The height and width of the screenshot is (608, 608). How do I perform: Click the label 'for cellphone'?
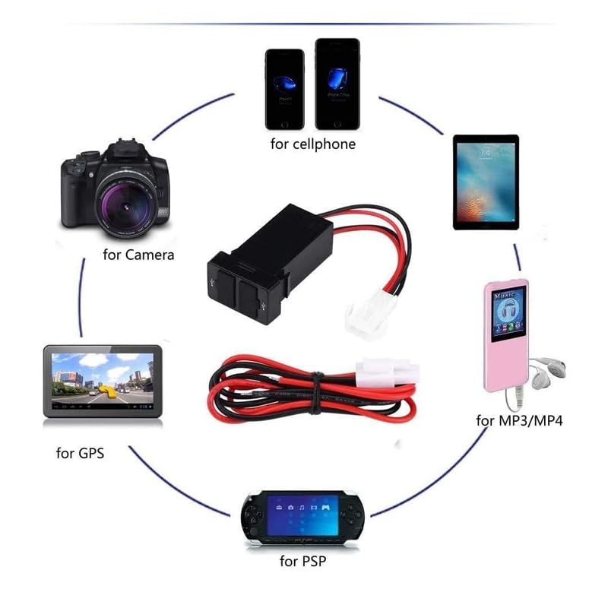[x=312, y=144]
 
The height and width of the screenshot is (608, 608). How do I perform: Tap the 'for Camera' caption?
[x=138, y=255]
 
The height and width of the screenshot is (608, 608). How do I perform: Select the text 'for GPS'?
[x=80, y=454]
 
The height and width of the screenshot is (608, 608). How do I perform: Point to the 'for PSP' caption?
[x=303, y=562]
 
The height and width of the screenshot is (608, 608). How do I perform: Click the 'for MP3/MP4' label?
[x=519, y=420]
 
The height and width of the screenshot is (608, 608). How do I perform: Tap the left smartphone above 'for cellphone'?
[x=284, y=88]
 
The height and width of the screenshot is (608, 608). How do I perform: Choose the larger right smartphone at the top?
[x=337, y=83]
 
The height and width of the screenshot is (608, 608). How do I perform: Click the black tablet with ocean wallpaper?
[x=486, y=182]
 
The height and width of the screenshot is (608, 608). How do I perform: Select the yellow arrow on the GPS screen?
[x=107, y=390]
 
